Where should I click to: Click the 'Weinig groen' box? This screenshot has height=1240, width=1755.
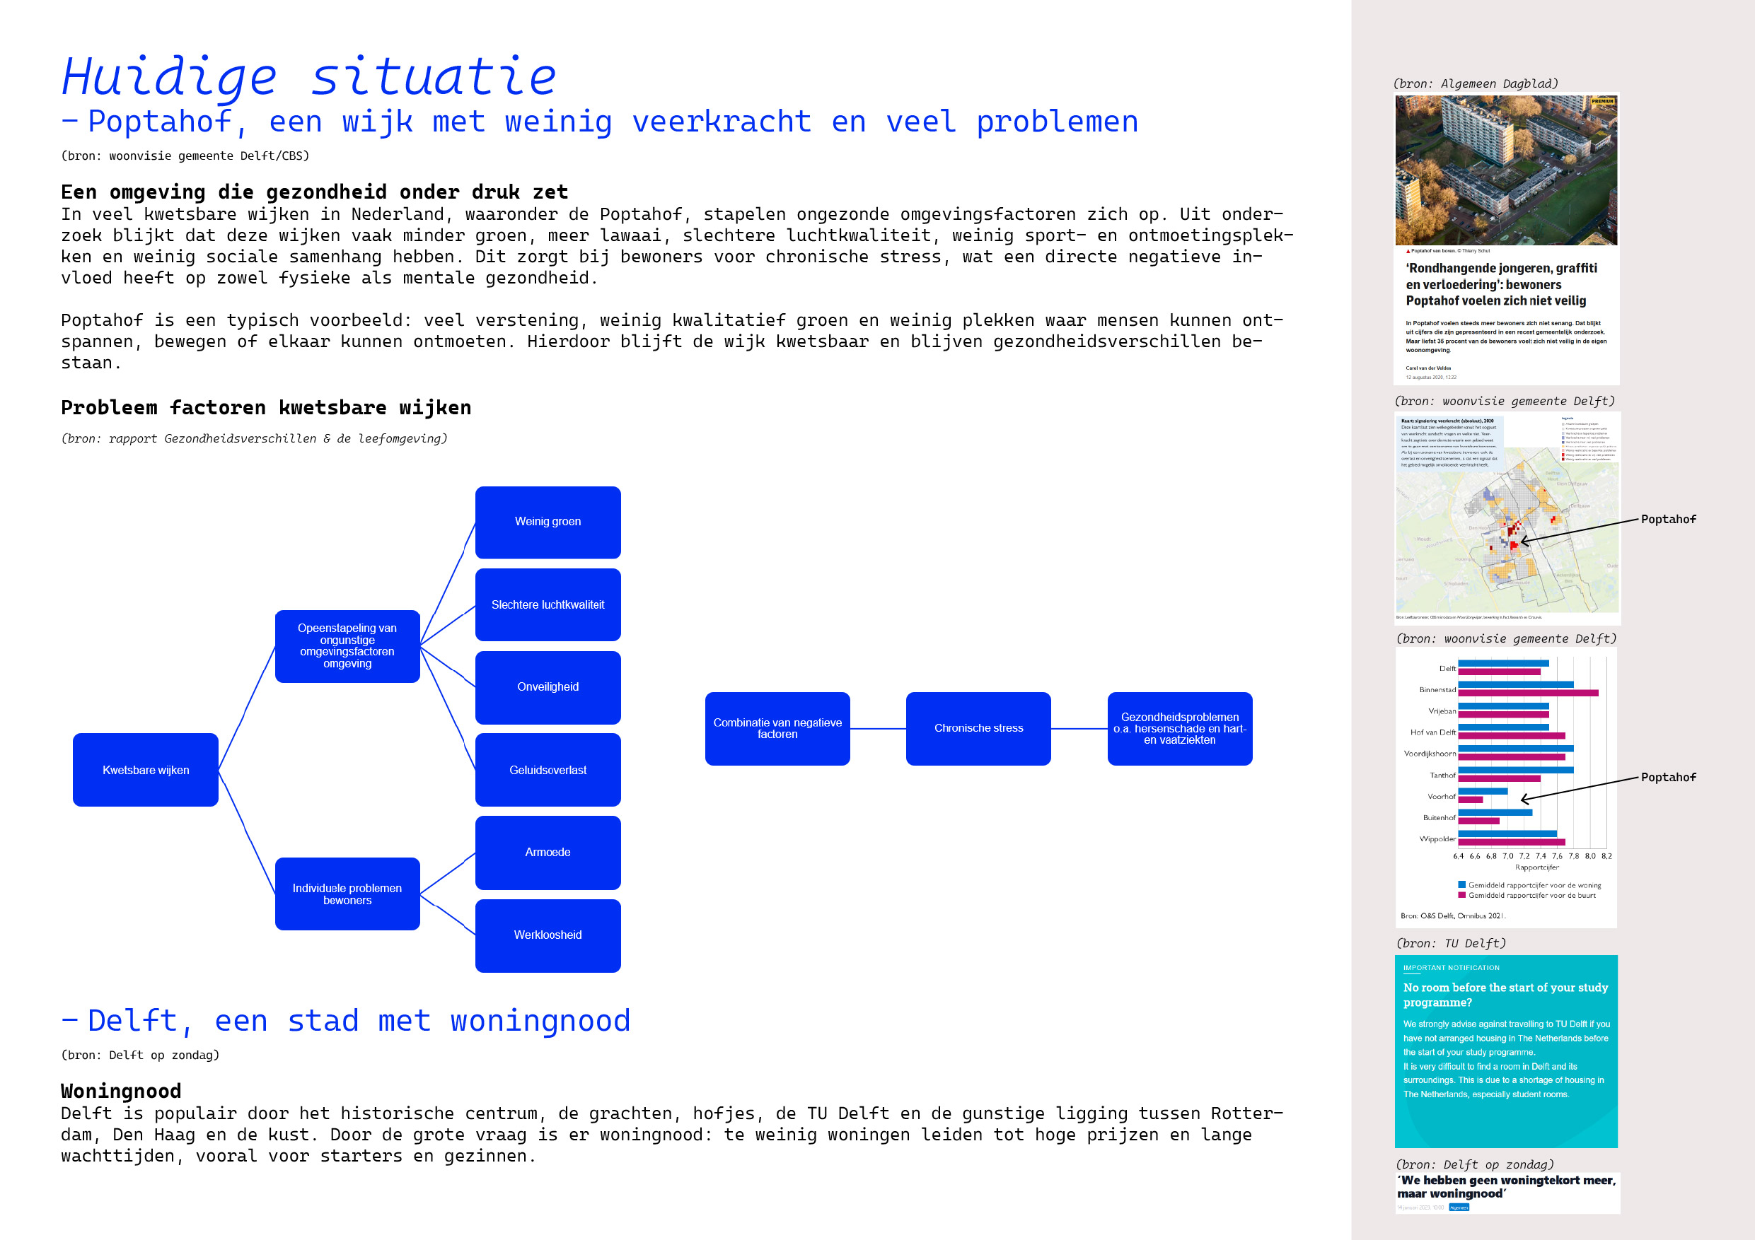548,522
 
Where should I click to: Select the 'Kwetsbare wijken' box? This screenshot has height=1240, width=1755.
145,769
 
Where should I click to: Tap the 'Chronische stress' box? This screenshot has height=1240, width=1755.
978,728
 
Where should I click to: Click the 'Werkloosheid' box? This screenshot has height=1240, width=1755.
548,935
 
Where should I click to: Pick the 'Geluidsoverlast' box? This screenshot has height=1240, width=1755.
548,769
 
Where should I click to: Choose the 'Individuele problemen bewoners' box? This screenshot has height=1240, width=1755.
347,894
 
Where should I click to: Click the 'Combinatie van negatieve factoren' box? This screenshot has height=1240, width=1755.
777,728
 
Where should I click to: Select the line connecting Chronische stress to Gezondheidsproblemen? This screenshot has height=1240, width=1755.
1079,729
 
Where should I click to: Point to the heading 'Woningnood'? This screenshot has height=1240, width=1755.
121,1090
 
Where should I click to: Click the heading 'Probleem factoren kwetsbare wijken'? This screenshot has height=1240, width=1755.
266,407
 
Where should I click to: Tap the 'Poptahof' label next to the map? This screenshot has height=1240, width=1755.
1668,520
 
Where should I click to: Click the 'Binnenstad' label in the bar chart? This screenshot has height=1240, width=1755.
1437,690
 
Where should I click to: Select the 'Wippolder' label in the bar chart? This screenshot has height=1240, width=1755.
1437,839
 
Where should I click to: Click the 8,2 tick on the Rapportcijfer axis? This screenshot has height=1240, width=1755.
1606,856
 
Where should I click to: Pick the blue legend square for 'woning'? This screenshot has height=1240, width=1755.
1461,884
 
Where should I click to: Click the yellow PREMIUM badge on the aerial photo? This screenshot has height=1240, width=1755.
1602,102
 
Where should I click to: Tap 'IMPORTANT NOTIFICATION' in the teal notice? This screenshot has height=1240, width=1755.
1451,967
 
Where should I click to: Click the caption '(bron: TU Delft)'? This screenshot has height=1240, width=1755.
1451,943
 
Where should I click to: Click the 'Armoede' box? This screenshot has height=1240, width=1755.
548,852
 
